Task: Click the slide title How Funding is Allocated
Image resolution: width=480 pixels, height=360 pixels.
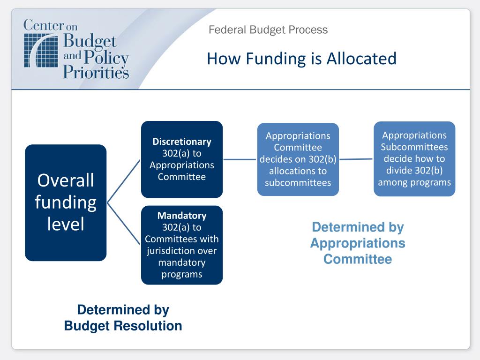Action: pos(301,59)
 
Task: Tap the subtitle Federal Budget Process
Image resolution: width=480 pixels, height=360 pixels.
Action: pos(268,30)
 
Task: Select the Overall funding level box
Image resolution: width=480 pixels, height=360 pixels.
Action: pos(66,202)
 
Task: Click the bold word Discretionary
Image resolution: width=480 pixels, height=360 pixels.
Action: pos(182,142)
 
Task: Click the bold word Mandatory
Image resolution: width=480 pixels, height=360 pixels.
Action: pos(182,216)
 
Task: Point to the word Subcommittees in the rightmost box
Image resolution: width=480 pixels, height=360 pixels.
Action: pos(414,147)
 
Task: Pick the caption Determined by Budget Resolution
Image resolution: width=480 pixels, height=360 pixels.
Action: pos(123,318)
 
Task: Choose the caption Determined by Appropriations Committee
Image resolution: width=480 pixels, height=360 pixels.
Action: pos(358,243)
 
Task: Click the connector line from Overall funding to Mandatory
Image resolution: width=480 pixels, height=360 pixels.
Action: pos(124,224)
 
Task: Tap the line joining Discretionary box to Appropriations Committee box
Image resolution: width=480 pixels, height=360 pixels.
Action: pos(240,159)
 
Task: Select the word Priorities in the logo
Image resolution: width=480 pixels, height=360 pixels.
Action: pos(96,72)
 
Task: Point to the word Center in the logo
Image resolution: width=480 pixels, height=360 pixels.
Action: pos(43,25)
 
